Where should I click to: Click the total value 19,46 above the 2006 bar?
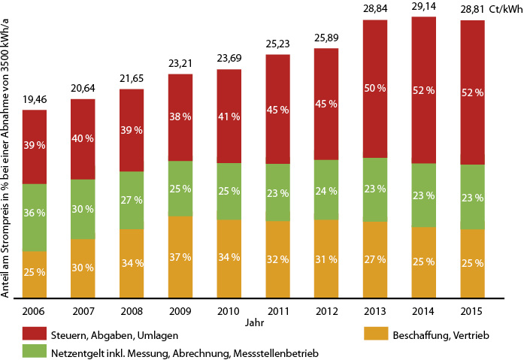(35, 99)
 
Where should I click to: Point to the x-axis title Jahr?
(254, 322)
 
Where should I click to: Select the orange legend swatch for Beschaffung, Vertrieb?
(376, 333)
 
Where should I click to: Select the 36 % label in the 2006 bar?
(35, 213)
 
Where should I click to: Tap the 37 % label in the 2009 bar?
(180, 257)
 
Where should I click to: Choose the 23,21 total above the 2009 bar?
(180, 63)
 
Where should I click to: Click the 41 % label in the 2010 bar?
(229, 116)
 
